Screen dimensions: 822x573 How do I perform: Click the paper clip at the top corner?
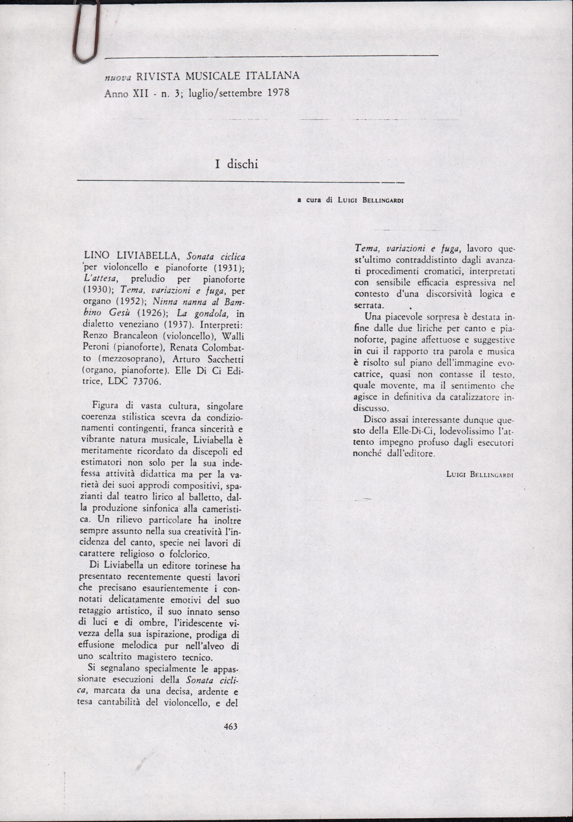84,33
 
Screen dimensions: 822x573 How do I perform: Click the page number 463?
231,727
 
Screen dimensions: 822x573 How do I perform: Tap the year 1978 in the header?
278,93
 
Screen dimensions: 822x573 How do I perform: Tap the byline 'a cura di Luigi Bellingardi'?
350,201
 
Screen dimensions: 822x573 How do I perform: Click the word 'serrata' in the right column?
369,305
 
